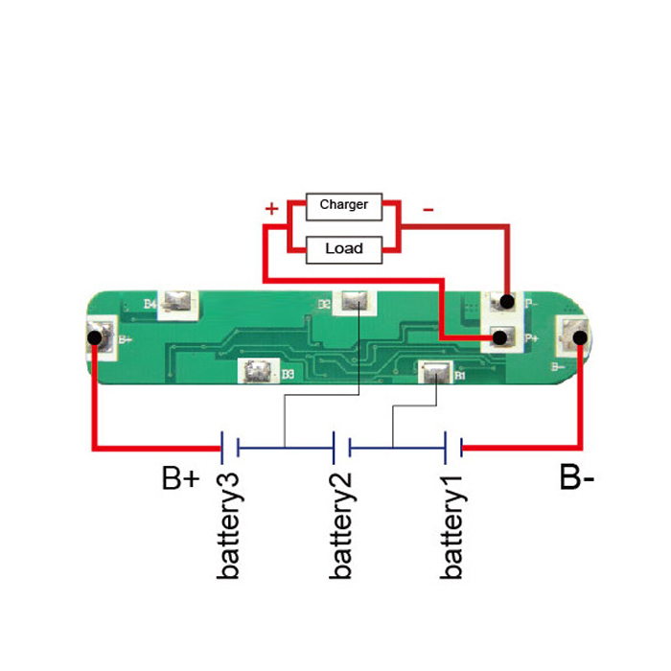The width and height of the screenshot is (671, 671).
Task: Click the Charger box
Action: point(343,205)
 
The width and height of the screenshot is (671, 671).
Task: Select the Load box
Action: point(343,249)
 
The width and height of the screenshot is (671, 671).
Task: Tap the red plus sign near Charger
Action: point(272,208)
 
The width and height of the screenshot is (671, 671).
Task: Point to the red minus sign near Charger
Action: point(428,208)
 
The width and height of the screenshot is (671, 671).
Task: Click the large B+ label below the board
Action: point(180,477)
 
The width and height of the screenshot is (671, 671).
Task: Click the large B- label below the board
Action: point(577,477)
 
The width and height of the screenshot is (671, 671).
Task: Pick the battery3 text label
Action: point(229,526)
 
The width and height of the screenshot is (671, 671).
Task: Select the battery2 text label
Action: point(340,526)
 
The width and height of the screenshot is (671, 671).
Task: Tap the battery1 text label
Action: point(452,526)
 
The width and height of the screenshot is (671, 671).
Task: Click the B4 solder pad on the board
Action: point(177,303)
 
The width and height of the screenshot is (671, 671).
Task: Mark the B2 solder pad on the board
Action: point(354,303)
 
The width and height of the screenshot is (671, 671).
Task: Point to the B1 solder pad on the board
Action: point(433,371)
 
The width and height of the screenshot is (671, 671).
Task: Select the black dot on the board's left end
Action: point(95,337)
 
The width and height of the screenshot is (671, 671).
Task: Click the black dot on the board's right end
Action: point(579,337)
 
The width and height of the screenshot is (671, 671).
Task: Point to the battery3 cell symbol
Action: point(229,446)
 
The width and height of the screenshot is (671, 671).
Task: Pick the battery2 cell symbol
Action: point(340,446)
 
